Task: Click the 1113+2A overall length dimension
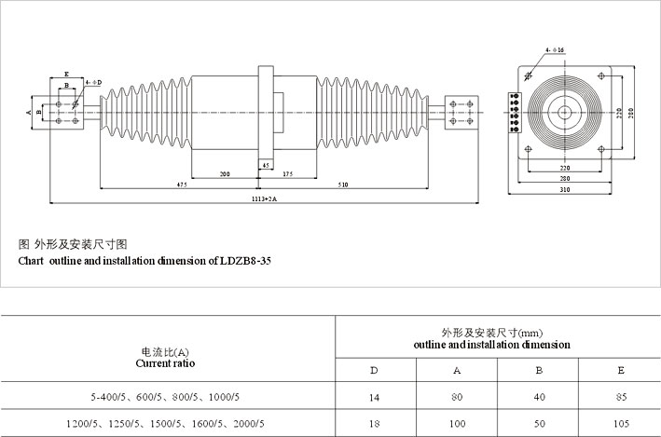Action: point(265,198)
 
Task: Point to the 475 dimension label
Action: point(182,184)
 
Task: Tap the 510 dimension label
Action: point(343,184)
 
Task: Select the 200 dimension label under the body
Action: point(225,174)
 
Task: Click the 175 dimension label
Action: point(288,174)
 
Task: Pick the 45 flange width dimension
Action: point(266,166)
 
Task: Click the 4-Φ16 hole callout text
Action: point(555,50)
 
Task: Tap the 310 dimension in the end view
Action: point(565,190)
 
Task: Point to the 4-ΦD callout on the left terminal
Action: point(93,83)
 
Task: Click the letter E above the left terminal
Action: point(66,75)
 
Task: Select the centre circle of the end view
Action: point(564,113)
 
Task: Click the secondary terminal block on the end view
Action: point(515,113)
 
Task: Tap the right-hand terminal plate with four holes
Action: point(461,113)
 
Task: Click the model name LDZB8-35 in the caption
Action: point(245,261)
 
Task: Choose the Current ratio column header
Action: point(165,363)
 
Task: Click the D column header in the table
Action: point(374,371)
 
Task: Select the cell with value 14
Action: point(375,397)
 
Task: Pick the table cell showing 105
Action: point(621,424)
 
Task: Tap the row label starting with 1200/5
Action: point(165,424)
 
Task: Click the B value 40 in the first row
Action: point(540,397)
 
